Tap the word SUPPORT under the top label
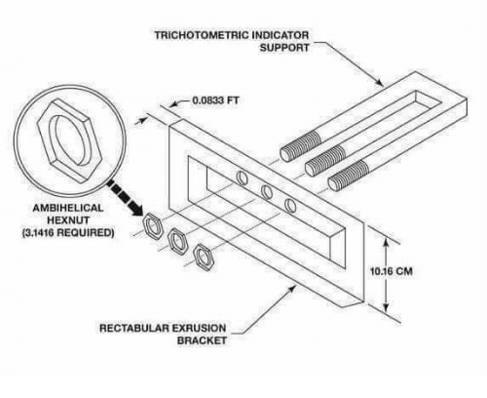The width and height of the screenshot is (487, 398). pos(284,48)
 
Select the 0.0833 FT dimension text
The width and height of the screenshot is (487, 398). pos(215,100)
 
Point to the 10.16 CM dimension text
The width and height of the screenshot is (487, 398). pos(392,271)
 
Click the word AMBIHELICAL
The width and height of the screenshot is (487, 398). pos(68,208)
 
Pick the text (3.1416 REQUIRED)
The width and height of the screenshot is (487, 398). pos(68,232)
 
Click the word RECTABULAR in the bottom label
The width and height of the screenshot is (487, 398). pos(133,328)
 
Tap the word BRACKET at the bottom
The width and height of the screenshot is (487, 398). pos(202,340)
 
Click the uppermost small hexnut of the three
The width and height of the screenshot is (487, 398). pos(152,226)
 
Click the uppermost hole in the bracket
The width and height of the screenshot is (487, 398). pos(242,178)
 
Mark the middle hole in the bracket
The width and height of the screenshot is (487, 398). pos(267,192)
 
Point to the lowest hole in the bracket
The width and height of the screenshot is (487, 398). pos(290,205)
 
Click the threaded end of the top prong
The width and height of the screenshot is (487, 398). pos(300,146)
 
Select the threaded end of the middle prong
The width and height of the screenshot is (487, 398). pos(324,161)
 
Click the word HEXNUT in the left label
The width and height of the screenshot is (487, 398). pos(68,220)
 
